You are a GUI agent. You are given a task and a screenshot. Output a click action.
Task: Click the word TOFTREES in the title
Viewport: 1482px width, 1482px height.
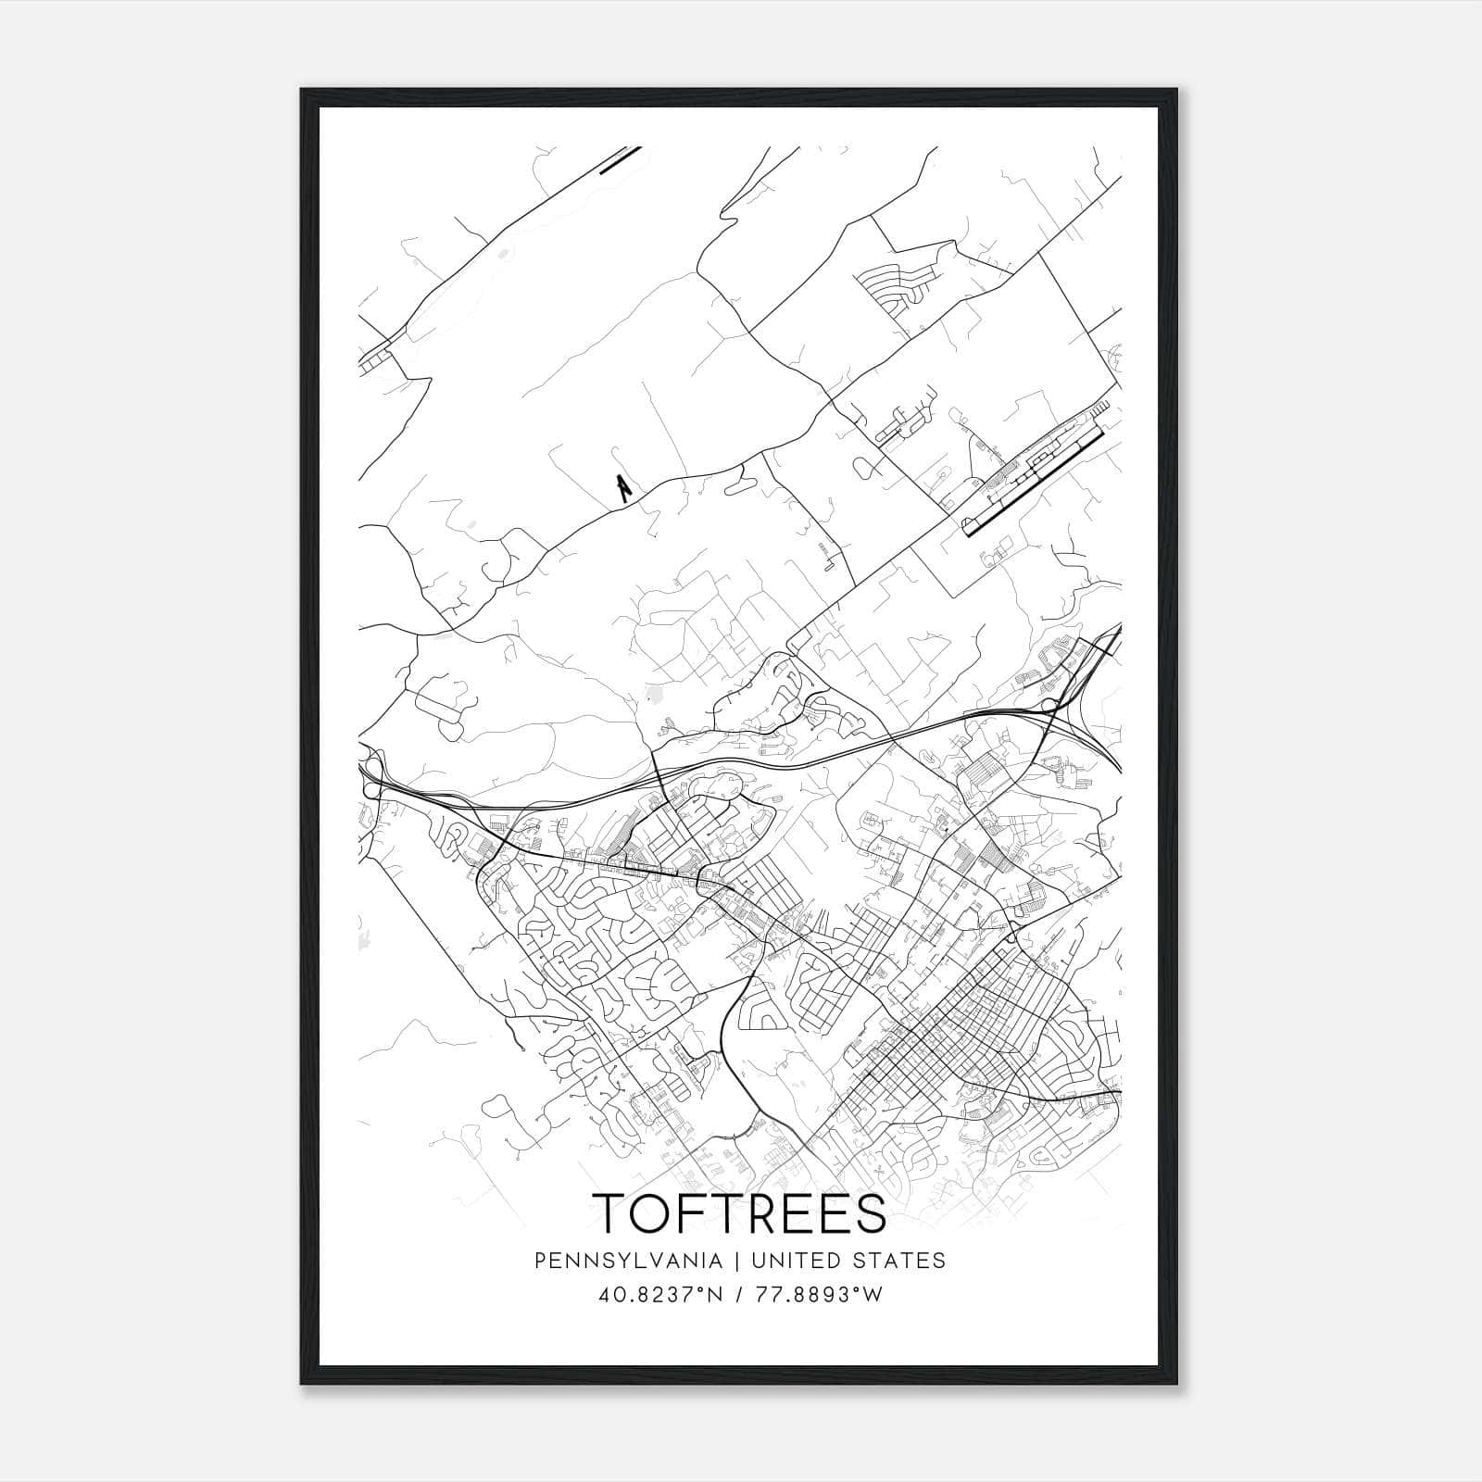pos(739,1213)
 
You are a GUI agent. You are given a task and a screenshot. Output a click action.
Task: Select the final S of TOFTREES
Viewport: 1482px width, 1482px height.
pos(869,1213)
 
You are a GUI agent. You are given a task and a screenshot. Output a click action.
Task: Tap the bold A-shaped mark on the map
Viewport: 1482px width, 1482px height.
pos(624,485)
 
